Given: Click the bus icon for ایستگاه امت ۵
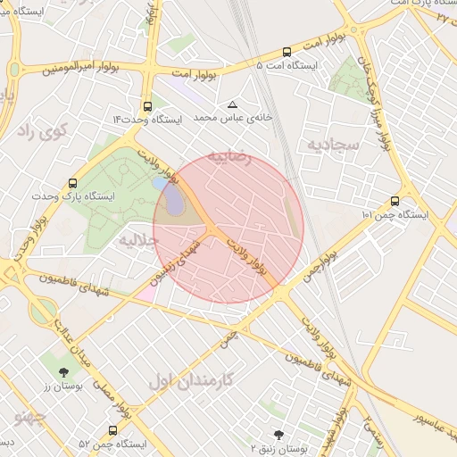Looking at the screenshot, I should (287, 52).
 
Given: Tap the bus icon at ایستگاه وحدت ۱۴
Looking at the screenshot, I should (147, 106).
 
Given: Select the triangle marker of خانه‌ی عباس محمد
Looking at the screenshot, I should (233, 104).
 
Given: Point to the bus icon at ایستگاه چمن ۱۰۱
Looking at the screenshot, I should (395, 201).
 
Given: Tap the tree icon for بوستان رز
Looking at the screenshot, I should (62, 371).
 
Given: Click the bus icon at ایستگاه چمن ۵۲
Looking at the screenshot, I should (112, 430).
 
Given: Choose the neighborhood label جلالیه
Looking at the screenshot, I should (138, 239).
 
